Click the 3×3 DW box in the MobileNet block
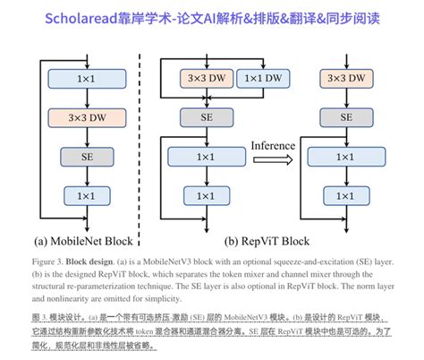[86, 117]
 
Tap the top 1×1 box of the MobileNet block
[86, 79]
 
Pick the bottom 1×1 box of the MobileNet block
[86, 195]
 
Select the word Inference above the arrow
[275, 144]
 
